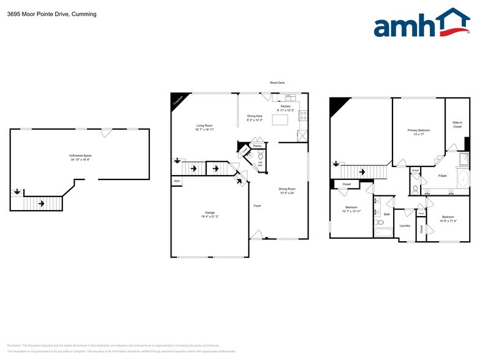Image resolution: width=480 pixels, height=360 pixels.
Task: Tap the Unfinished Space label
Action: tap(81, 156)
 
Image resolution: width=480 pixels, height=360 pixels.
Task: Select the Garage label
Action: tap(209, 213)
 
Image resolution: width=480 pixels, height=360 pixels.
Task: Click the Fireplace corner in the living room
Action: tap(177, 100)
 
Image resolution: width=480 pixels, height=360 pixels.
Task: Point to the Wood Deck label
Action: tap(277, 83)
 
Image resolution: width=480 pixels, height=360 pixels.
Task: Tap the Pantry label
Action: tap(257, 146)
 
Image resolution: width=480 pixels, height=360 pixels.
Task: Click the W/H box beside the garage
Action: tap(177, 181)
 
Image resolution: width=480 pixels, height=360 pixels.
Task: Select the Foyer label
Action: tap(258, 206)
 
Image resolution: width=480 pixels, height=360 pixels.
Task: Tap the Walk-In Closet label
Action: tap(457, 124)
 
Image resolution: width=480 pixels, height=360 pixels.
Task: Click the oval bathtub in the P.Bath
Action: tap(464, 179)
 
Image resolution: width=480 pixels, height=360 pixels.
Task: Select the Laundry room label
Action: tap(405, 225)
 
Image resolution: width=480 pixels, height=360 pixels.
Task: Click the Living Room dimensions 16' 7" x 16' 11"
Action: tap(204, 130)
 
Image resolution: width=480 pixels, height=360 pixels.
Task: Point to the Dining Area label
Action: tap(255, 116)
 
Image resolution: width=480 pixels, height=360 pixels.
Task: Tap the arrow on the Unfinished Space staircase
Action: tap(41, 203)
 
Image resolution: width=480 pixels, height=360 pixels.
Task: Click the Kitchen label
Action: tap(285, 106)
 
